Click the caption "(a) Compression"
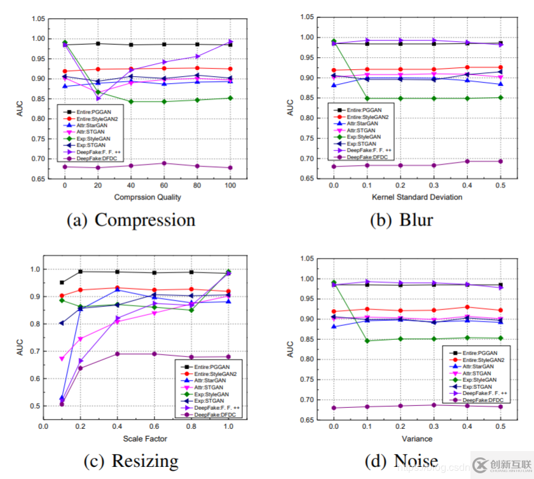point(132,220)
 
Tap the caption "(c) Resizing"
point(132,460)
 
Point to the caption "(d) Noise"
point(400,460)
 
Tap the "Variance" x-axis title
point(417,439)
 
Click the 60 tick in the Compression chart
point(163,185)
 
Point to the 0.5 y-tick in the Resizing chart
point(34,406)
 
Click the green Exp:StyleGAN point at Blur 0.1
point(366,98)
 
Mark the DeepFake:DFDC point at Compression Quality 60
point(163,163)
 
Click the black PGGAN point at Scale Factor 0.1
point(62,282)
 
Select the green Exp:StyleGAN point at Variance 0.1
point(366,341)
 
